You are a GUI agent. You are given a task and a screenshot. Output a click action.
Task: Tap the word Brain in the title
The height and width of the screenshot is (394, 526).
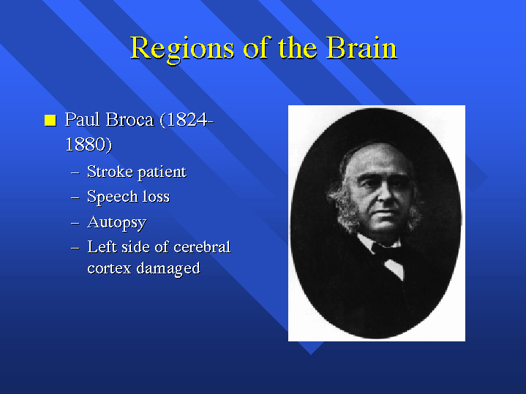(x=362, y=48)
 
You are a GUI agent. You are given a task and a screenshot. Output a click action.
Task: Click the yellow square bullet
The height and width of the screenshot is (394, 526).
(x=50, y=120)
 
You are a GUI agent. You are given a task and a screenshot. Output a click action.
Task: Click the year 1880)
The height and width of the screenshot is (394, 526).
(x=89, y=145)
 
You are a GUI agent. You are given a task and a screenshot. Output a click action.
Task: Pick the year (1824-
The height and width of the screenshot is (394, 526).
(x=187, y=120)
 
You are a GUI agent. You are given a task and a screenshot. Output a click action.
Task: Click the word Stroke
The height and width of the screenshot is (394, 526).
(x=110, y=171)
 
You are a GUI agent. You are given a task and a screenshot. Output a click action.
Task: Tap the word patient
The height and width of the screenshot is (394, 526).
(x=162, y=173)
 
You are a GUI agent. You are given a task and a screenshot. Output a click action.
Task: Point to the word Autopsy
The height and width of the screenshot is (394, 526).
(x=117, y=223)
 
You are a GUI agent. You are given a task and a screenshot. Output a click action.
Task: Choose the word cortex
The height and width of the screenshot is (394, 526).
(x=109, y=268)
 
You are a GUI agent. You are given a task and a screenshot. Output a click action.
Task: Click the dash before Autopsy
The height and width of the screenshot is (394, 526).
(x=75, y=223)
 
